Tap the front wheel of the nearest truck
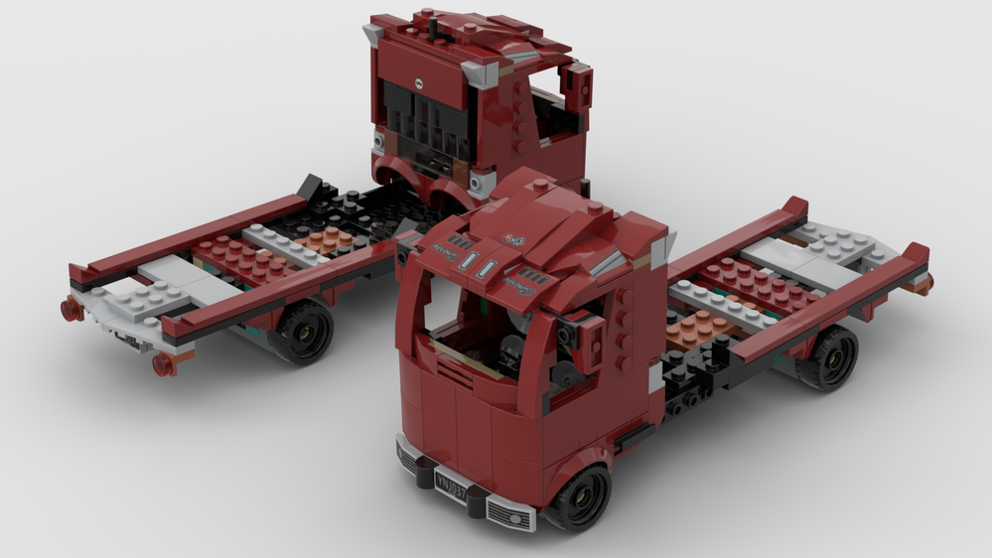pos(580,497)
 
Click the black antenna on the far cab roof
pos(433,30)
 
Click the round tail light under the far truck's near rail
pos(164,364)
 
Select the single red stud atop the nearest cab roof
pos(541,184)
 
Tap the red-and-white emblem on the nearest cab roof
pos(514,238)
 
